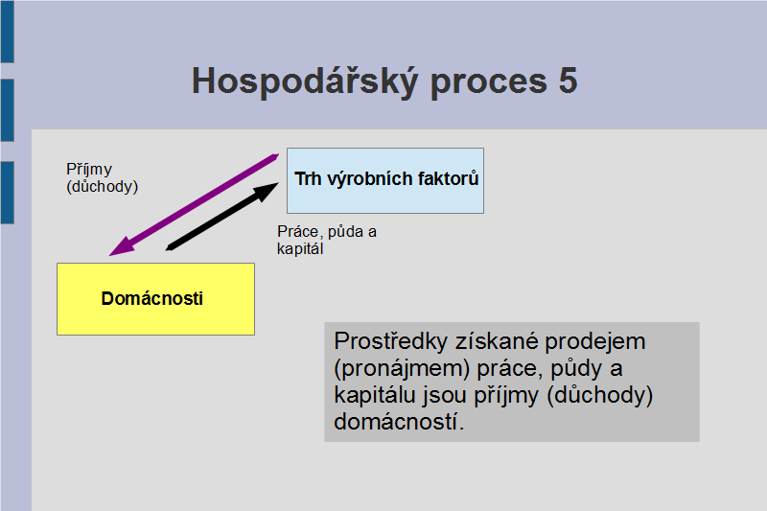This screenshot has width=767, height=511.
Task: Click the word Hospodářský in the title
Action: click(305, 81)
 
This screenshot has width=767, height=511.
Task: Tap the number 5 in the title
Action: click(568, 81)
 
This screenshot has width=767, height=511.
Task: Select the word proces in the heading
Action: click(489, 83)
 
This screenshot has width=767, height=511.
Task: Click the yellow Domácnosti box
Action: click(155, 299)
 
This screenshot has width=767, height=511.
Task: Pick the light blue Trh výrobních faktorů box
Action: click(385, 180)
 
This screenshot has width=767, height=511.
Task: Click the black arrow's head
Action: click(267, 190)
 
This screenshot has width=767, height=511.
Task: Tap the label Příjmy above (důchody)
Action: click(89, 170)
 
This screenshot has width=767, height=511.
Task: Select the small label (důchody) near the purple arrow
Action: click(103, 186)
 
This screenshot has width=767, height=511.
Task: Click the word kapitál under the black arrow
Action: click(300, 249)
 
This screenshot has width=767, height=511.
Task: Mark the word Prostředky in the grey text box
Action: click(391, 341)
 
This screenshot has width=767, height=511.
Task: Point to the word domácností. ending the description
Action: click(399, 422)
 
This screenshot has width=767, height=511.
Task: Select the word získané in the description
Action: click(497, 341)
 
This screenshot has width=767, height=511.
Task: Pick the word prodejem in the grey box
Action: click(595, 342)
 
